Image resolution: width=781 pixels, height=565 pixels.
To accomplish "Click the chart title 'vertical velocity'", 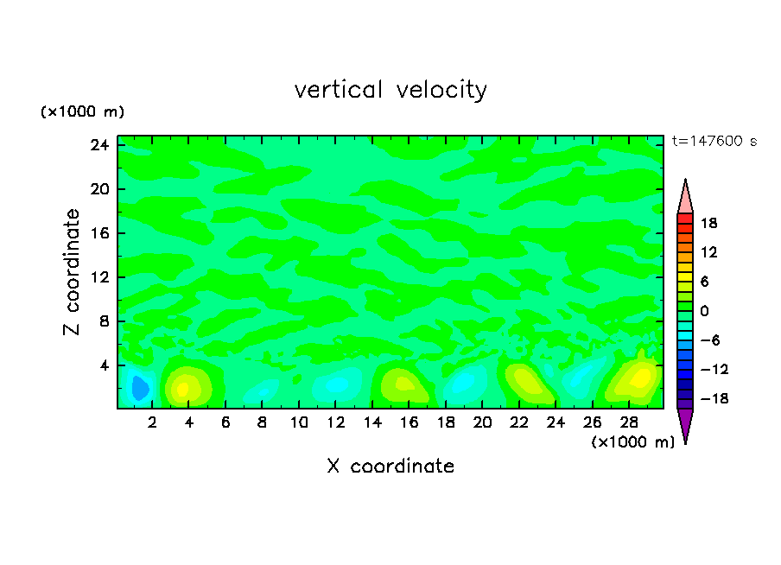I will tap(390, 90).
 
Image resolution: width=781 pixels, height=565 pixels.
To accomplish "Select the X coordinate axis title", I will tap(390, 467).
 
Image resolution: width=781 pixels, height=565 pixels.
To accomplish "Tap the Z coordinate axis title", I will tap(73, 272).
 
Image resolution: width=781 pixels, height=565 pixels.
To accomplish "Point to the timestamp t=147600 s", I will tap(714, 142).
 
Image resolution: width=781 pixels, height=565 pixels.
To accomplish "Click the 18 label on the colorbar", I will tap(708, 223).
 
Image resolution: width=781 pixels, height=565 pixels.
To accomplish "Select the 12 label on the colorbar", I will tap(708, 252).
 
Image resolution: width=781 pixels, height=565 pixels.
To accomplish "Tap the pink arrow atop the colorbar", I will tap(685, 196).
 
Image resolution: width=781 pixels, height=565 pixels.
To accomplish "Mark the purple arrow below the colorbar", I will tap(685, 424).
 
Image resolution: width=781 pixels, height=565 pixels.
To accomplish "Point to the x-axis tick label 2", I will tap(153, 423).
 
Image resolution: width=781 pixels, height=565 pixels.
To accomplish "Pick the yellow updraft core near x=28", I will tap(639, 378).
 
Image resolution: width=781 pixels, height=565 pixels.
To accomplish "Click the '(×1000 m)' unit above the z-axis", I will tap(83, 112).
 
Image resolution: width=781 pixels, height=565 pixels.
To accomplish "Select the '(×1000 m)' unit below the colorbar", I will tap(633, 442).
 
